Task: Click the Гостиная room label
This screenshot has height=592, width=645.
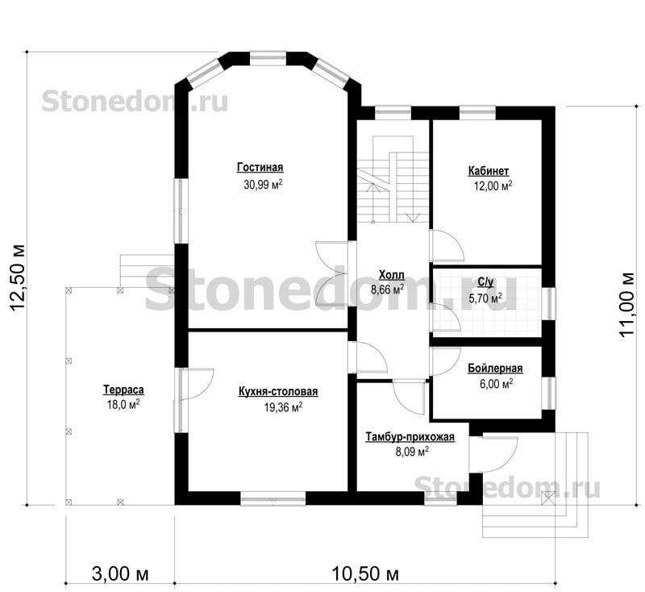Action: [x=260, y=168]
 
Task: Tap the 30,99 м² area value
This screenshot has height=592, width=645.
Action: [x=263, y=184]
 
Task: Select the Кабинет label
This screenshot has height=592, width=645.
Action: [x=489, y=171]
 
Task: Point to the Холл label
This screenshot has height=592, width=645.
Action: [x=392, y=274]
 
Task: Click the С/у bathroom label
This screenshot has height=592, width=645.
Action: [x=485, y=281]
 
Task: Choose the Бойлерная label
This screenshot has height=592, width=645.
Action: [x=495, y=369]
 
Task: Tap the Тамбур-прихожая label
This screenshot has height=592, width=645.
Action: [x=410, y=436]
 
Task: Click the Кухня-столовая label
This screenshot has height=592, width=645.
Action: [x=278, y=391]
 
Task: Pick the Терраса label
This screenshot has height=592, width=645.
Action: [x=123, y=390]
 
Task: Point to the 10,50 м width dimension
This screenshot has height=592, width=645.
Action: [x=365, y=573]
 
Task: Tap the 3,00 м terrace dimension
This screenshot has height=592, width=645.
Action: [x=120, y=573]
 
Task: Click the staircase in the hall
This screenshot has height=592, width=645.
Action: [x=393, y=179]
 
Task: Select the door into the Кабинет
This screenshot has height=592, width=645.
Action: [x=447, y=246]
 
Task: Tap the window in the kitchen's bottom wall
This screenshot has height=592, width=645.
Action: [x=273, y=498]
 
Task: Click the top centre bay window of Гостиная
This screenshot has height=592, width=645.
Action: [x=268, y=57]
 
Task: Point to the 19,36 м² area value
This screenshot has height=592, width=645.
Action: [x=284, y=407]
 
